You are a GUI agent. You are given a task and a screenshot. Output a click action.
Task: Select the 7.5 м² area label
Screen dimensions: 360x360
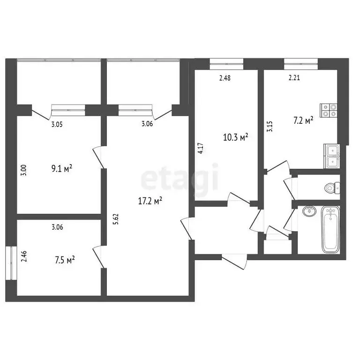tap(65, 260)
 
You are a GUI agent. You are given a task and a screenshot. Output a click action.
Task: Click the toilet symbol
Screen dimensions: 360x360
tap(330, 188)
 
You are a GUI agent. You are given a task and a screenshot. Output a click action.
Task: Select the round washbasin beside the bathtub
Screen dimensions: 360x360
tap(309, 211)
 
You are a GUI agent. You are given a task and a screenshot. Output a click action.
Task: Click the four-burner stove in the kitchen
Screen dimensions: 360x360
tap(329, 110)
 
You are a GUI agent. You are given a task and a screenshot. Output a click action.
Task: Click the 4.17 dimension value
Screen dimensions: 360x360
tap(200, 148)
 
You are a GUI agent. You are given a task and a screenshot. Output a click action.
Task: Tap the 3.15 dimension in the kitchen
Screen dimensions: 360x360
tap(269, 127)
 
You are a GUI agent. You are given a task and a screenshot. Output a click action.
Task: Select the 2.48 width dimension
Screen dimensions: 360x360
tap(225, 78)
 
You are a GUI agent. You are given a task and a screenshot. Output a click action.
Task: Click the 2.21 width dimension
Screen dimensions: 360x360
tap(294, 78)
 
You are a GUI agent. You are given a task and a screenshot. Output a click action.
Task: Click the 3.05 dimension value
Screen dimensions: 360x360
tap(57, 124)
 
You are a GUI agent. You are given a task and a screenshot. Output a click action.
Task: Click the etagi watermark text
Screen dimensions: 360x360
tap(180, 178)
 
